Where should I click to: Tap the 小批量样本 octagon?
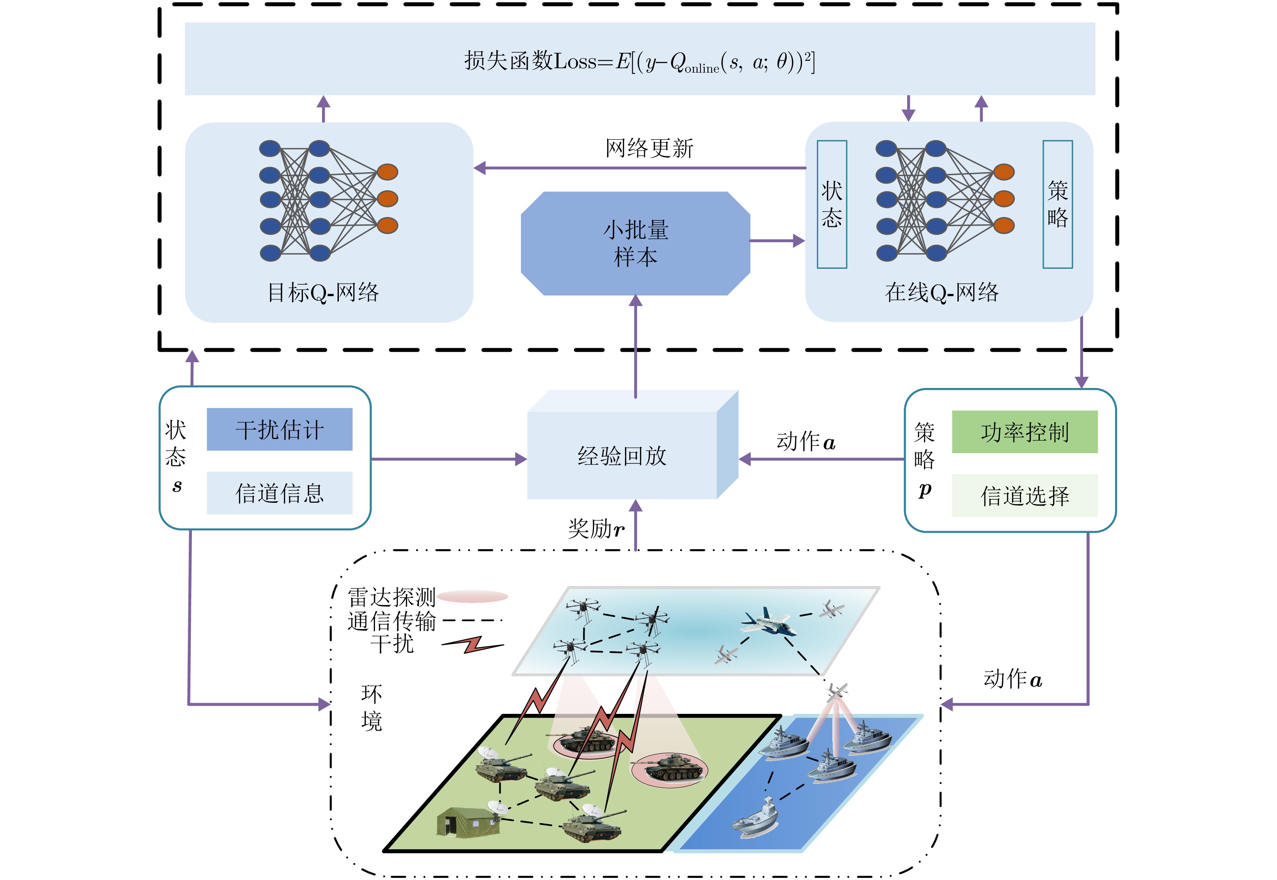click(x=635, y=244)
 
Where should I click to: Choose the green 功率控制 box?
click(x=1024, y=432)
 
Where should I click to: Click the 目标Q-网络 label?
click(x=323, y=292)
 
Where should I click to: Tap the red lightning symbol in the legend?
click(x=473, y=645)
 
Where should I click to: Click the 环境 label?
click(x=371, y=707)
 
